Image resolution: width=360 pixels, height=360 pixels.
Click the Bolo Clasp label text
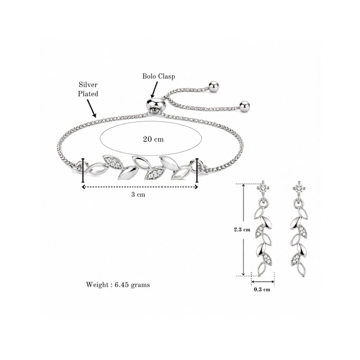coord(159,76)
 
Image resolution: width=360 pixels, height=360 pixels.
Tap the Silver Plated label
coord(88,89)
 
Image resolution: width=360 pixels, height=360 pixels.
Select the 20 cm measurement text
coord(153,139)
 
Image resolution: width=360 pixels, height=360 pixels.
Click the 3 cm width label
coord(138,195)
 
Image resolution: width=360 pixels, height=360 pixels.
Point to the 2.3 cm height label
coord(242,229)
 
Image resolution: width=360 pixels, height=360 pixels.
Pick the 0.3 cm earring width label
coord(262,289)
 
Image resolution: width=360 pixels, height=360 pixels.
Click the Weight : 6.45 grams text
coord(118,285)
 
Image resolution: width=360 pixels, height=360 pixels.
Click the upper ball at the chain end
coord(214,86)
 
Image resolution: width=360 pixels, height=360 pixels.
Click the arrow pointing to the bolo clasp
coord(154,90)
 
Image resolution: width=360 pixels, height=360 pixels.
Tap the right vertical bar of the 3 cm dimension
coord(197,170)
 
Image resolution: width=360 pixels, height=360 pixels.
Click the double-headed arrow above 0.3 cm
coord(263,282)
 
